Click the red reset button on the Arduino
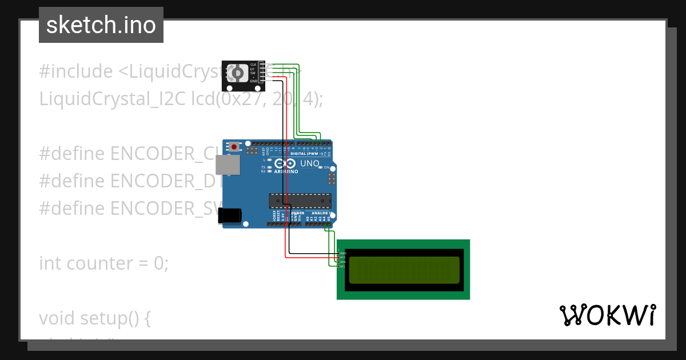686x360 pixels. tap(234, 147)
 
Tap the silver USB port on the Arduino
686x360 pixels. tap(227, 165)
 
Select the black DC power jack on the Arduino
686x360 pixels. tap(230, 215)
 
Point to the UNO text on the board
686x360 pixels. tap(309, 163)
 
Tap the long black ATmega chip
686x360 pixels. tap(300, 201)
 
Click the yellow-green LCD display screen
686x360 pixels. tap(403, 270)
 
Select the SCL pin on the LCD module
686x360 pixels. tap(341, 266)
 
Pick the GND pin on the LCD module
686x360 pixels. tap(341, 253)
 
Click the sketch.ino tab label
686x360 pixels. tap(101, 25)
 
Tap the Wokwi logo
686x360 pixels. tap(607, 315)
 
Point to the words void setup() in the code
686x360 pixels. tap(94, 318)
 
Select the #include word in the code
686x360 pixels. tap(76, 71)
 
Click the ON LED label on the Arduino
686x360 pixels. tap(327, 167)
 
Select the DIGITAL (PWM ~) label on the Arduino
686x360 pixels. tap(305, 154)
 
